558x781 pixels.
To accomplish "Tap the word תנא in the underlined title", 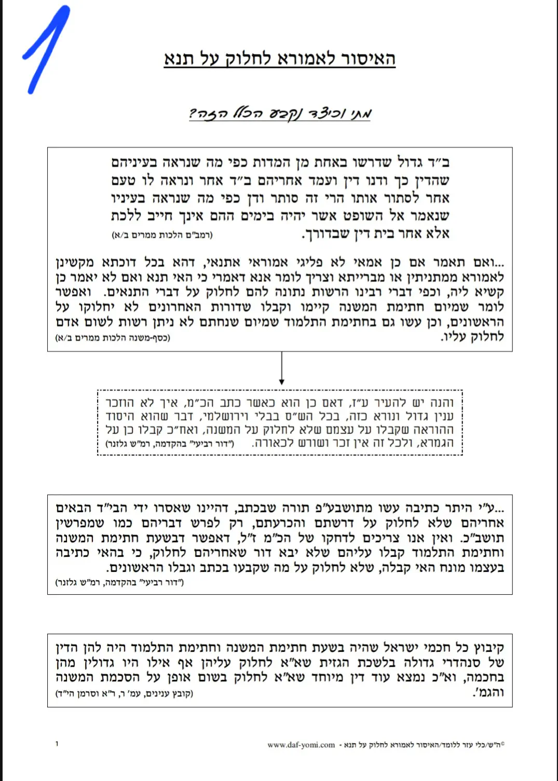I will tap(180, 59).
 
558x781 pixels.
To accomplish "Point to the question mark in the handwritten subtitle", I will tap(193, 114).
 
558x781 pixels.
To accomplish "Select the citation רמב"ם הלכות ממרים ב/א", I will tap(162, 235).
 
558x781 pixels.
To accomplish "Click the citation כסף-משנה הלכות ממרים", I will tap(113, 338).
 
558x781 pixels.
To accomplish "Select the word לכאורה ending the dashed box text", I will tap(273, 444).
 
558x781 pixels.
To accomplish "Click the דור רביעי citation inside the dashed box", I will tap(170, 444).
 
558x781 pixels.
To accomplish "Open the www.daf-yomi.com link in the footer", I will tap(301, 745).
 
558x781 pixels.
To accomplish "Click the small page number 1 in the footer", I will tap(57, 744).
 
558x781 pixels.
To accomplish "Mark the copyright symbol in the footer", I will tap(502, 744).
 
